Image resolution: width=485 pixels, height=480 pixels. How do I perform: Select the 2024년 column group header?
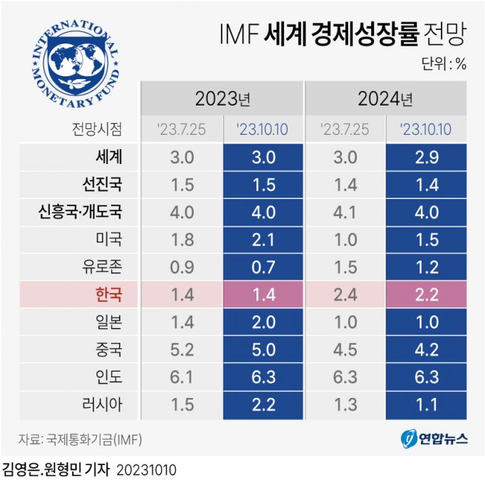click(386, 98)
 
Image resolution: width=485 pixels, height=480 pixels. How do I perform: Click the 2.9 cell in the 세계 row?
click(426, 158)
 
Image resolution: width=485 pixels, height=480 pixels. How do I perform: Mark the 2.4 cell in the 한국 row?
click(345, 295)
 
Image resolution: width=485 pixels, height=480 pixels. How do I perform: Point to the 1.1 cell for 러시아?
click(426, 404)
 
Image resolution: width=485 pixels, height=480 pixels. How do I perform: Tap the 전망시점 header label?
click(97, 129)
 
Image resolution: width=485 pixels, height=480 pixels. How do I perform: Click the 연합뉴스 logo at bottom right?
click(433, 438)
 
